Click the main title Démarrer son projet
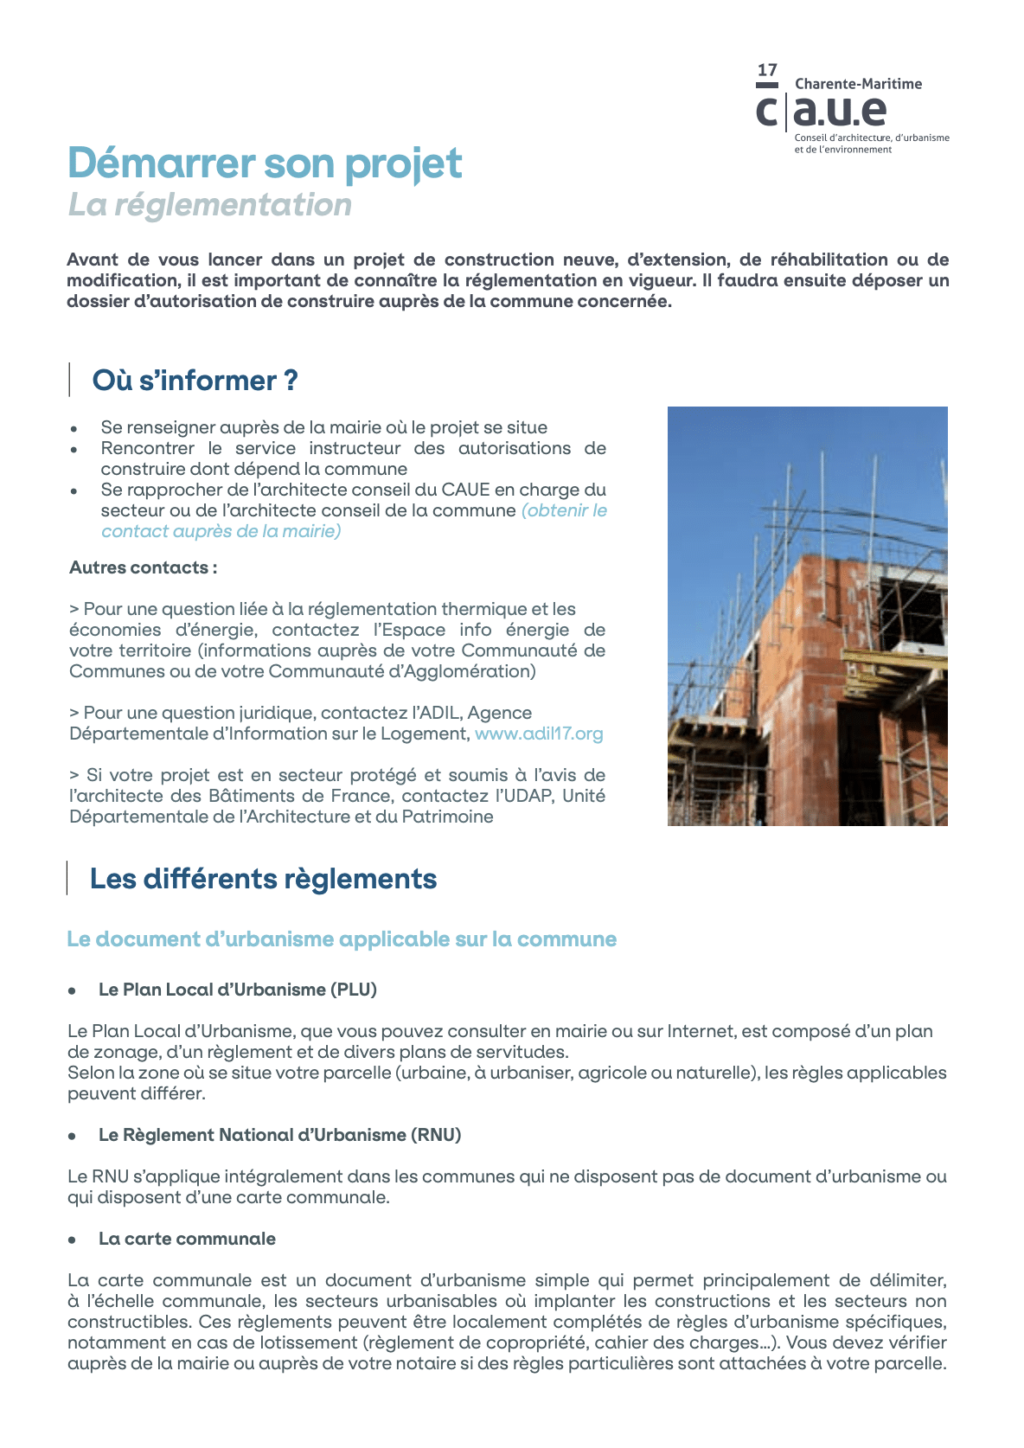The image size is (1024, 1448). click(x=265, y=163)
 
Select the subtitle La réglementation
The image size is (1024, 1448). click(x=210, y=205)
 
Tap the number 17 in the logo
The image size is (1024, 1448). click(x=767, y=70)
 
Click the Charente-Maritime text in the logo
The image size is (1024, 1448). click(x=858, y=84)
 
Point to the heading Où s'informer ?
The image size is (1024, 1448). click(x=195, y=381)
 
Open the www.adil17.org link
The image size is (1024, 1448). click(x=539, y=734)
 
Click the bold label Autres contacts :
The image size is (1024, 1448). click(x=143, y=567)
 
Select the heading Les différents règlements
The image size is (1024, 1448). click(x=263, y=879)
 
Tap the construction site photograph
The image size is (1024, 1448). click(x=807, y=616)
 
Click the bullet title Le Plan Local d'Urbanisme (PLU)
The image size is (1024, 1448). click(x=238, y=990)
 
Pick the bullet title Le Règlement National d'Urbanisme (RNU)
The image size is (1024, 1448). click(x=279, y=1135)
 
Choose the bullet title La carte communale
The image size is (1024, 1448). click(x=187, y=1239)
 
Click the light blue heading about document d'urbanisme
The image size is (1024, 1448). click(x=342, y=939)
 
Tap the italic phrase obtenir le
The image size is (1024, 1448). click(x=565, y=510)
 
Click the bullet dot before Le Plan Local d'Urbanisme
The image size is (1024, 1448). click(x=74, y=990)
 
